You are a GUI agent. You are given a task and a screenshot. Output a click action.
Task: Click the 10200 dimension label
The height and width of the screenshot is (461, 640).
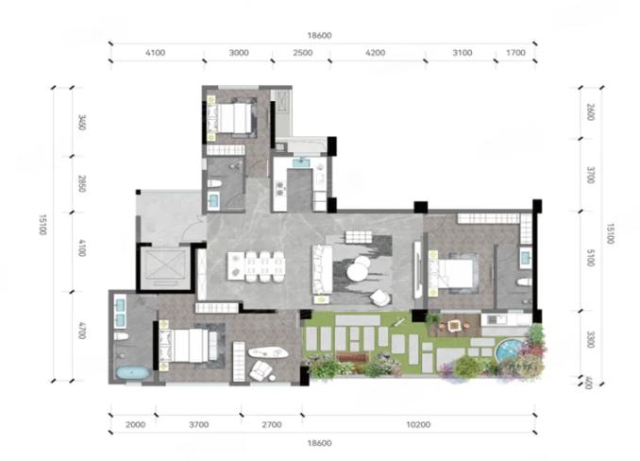418,425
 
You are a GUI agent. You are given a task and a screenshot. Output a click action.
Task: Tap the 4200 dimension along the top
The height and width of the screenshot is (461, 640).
375,53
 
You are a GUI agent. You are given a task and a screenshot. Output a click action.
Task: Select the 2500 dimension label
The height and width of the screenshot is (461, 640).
302,53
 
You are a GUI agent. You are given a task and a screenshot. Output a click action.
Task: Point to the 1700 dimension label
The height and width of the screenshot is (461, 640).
515,53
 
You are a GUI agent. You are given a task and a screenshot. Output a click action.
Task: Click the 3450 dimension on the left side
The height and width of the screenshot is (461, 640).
82,123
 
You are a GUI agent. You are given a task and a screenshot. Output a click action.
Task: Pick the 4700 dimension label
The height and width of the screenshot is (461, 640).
82,331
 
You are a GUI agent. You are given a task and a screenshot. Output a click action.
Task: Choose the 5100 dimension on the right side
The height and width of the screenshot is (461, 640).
591,258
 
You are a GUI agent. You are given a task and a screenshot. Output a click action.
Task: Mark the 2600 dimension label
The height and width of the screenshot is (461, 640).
591,111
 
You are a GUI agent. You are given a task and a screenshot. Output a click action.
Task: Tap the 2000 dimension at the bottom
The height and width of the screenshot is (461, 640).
136,425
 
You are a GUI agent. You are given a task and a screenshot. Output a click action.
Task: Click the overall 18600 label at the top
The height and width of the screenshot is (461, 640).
320,36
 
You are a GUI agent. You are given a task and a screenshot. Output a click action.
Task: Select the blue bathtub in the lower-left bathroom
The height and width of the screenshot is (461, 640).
133,372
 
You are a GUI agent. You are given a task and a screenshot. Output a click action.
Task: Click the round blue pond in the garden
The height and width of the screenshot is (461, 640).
509,350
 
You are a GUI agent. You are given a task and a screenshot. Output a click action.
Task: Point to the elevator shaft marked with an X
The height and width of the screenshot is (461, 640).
165,266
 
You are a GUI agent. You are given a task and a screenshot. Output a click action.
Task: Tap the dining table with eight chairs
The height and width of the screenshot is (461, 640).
257,266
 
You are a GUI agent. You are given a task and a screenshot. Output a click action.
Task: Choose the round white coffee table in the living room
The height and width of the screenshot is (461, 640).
358,269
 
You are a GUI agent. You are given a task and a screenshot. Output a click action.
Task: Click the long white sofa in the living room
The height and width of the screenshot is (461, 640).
322,269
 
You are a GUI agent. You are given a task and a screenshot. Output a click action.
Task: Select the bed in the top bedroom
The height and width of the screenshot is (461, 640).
233,117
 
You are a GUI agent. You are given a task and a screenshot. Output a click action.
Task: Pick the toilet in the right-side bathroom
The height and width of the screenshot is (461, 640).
524,282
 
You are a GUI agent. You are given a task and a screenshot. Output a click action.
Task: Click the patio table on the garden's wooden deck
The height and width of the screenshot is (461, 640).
454,325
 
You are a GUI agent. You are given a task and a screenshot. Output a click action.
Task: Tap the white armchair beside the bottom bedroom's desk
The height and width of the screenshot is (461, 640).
261,370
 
